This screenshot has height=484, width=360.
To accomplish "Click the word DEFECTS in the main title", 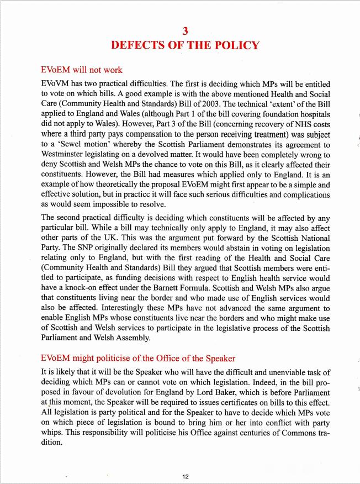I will coord(138,45).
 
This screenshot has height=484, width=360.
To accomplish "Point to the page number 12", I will coord(186,475).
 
